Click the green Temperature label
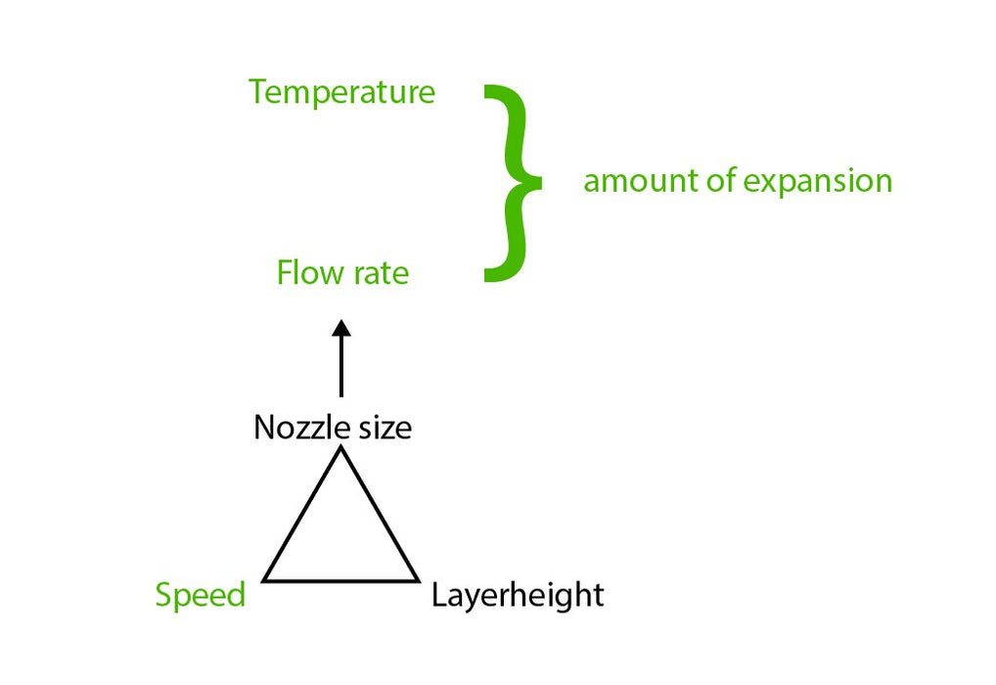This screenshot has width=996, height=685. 341,92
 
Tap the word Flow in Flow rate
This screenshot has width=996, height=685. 310,273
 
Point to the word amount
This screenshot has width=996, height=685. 641,181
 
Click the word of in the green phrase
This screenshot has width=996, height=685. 722,180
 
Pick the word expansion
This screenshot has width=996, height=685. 818,182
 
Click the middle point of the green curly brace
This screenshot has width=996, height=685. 537,182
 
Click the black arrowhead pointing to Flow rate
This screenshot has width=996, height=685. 341,328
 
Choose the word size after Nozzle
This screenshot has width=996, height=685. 385,427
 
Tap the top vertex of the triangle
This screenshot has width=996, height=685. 341,447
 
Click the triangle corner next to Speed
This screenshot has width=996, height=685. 264,580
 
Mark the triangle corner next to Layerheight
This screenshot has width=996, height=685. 418,580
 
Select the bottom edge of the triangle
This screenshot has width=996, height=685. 341,580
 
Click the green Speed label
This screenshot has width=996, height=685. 201,596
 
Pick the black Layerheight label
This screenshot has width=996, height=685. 518,596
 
